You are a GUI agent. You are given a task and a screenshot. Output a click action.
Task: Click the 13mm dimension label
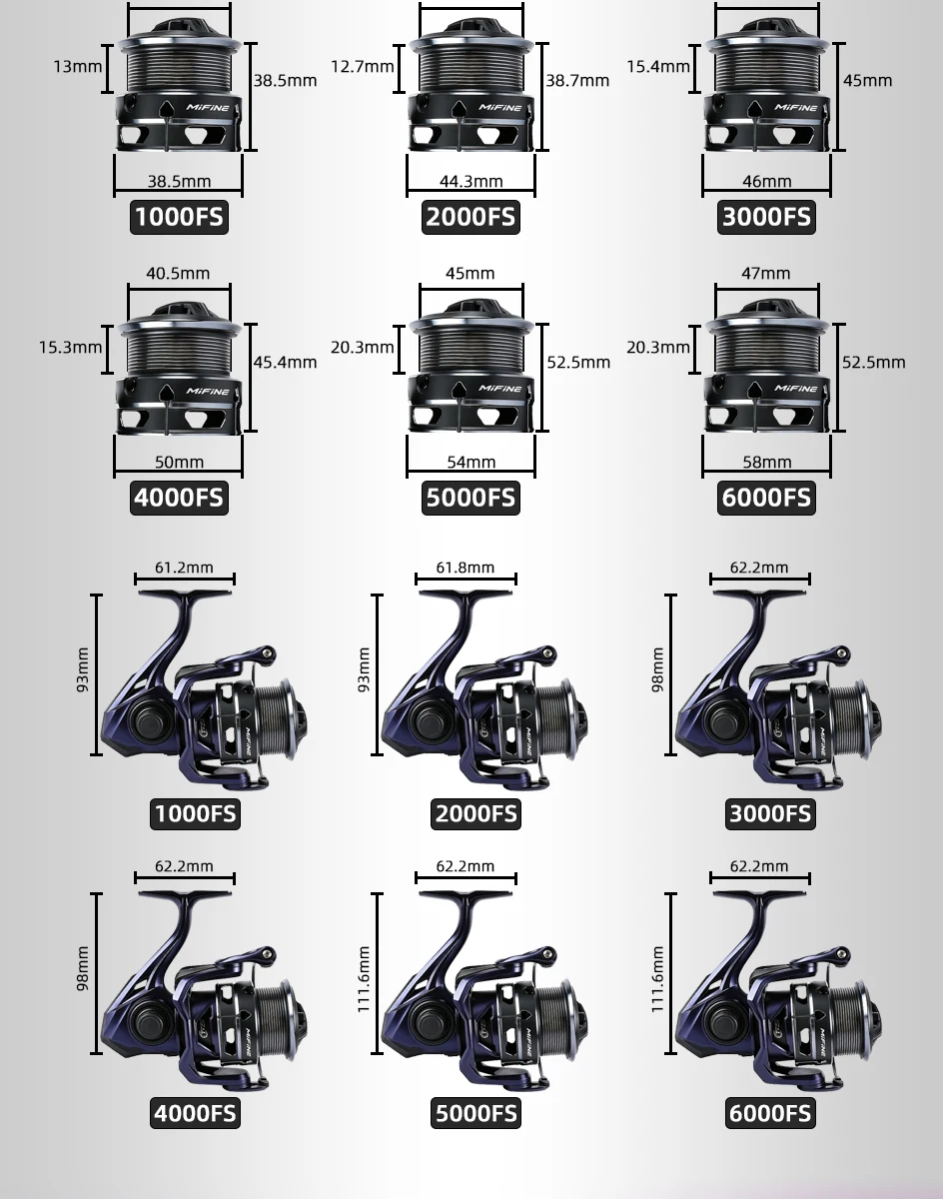(78, 66)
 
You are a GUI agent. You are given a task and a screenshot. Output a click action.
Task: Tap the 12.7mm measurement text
(362, 66)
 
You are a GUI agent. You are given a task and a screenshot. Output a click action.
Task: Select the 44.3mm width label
(471, 181)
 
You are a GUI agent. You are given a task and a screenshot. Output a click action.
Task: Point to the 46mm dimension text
(767, 181)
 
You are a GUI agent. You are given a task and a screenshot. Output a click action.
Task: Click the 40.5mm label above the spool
(178, 273)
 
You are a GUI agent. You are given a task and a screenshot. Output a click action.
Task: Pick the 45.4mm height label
(285, 362)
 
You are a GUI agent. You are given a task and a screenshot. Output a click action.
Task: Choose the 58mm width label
(767, 462)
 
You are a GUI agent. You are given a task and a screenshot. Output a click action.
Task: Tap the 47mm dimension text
(766, 273)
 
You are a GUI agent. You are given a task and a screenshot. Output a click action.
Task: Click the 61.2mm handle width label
(184, 568)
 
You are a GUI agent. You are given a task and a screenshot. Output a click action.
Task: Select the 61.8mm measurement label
(466, 568)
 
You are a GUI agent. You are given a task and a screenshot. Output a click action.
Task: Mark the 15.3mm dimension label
(71, 347)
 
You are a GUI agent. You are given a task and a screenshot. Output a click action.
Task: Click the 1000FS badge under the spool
(179, 217)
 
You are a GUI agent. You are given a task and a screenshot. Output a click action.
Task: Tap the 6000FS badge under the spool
(766, 499)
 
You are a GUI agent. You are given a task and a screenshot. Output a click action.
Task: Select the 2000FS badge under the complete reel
(475, 814)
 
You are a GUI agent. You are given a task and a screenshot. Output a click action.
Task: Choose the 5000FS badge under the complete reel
(475, 1113)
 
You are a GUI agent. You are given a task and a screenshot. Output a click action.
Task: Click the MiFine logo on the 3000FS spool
(796, 108)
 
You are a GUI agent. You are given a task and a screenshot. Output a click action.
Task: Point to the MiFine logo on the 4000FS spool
(208, 391)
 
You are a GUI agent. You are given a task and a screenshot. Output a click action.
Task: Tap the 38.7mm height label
(577, 81)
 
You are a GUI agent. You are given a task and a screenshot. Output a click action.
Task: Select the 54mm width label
(471, 462)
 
